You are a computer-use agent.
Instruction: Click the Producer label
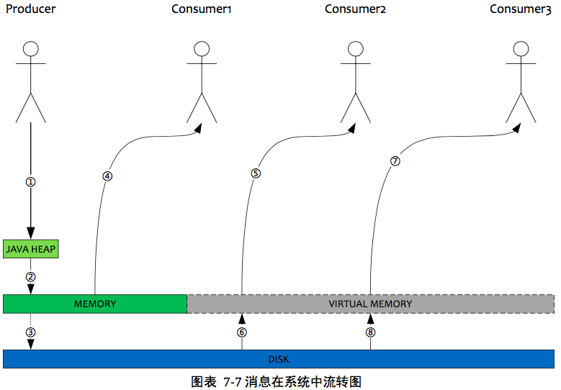(30, 9)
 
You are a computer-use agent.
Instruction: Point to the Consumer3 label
(521, 9)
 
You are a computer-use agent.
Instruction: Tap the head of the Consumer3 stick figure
(521, 48)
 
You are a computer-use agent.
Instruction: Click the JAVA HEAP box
(30, 249)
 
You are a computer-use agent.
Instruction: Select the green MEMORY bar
(95, 304)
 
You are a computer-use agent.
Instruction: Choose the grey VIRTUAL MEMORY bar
(370, 304)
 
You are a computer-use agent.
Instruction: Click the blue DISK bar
(279, 358)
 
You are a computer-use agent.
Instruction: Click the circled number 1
(30, 181)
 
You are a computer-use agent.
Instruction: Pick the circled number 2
(30, 276)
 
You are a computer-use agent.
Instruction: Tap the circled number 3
(30, 332)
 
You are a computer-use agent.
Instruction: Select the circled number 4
(107, 176)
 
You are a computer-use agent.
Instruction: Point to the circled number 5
(256, 173)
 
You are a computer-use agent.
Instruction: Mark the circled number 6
(242, 332)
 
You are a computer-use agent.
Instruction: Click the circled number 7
(395, 161)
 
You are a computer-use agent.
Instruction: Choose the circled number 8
(370, 332)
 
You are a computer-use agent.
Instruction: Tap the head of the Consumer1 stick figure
(202, 48)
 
